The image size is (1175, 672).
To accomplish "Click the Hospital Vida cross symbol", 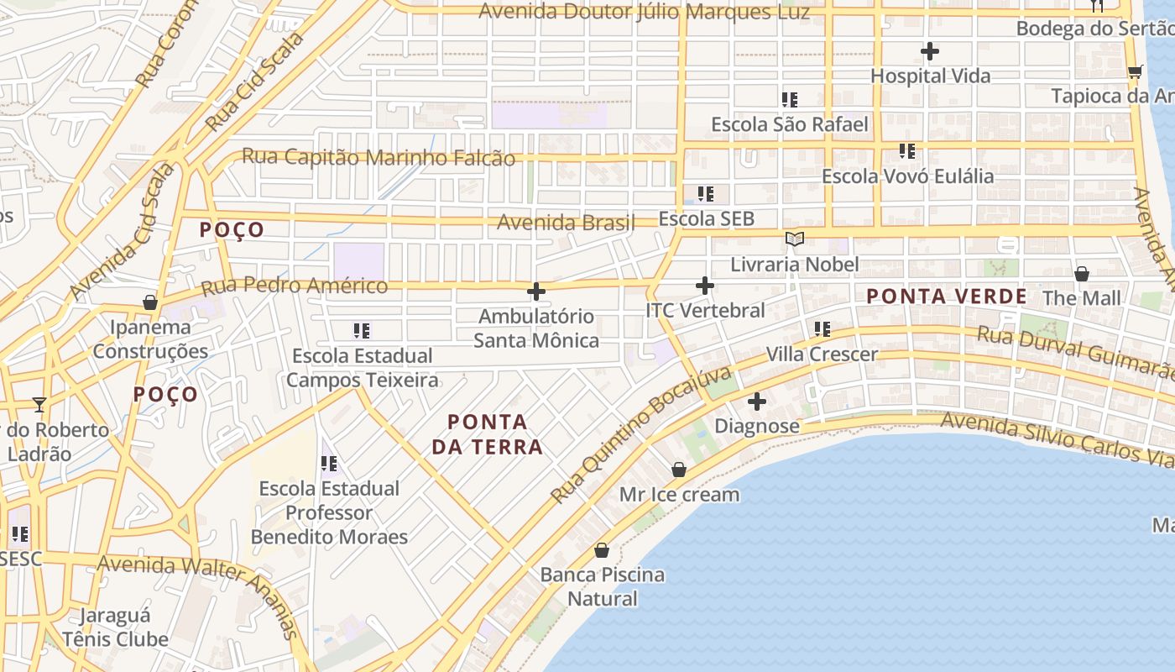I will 929,51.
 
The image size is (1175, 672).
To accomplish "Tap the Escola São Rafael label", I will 789,125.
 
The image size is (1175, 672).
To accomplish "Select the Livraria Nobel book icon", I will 794,239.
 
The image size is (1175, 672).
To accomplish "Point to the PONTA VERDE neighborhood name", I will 946,297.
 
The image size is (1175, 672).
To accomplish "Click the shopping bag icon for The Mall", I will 1082,274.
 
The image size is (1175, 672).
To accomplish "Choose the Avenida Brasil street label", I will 566,223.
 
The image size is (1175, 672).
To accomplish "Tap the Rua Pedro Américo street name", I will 294,286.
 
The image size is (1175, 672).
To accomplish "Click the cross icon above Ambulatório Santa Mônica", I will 536,291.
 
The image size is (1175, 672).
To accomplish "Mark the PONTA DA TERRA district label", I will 488,434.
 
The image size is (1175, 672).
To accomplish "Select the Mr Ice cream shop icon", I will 679,470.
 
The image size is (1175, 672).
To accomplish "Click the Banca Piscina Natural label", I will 602,587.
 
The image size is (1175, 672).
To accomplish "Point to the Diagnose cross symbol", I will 756,402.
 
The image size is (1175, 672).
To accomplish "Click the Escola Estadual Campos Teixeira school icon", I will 362,331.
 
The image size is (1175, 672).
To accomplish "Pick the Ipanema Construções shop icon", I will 150,302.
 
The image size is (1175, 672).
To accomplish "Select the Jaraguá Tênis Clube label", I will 116,627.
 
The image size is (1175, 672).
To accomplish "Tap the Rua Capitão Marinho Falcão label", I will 379,157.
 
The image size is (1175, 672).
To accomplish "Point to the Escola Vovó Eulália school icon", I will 906,151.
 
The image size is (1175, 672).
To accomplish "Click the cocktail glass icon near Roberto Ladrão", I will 39,405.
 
